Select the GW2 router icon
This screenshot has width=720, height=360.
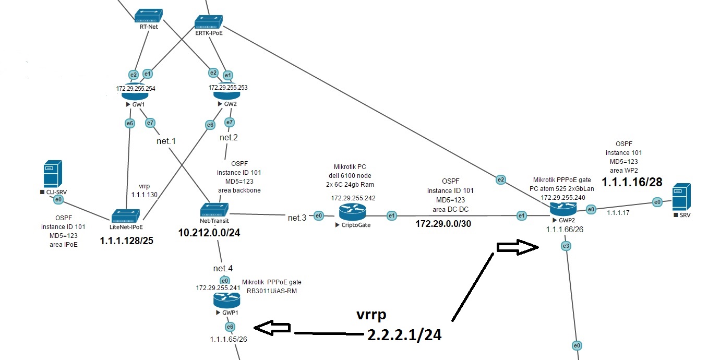point(226,94)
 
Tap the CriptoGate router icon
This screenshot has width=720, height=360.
point(352,212)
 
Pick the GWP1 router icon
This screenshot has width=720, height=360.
point(226,300)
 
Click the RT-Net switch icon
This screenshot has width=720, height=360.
point(149,16)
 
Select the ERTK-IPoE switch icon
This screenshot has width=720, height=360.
point(209,21)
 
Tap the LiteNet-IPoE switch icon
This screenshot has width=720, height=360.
point(127,215)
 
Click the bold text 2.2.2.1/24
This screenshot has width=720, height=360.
point(404,335)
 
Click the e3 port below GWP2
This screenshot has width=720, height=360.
point(566,246)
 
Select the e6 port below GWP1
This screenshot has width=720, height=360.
point(230,327)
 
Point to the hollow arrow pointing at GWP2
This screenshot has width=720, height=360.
point(518,248)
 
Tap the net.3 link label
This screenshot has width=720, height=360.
point(297,217)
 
